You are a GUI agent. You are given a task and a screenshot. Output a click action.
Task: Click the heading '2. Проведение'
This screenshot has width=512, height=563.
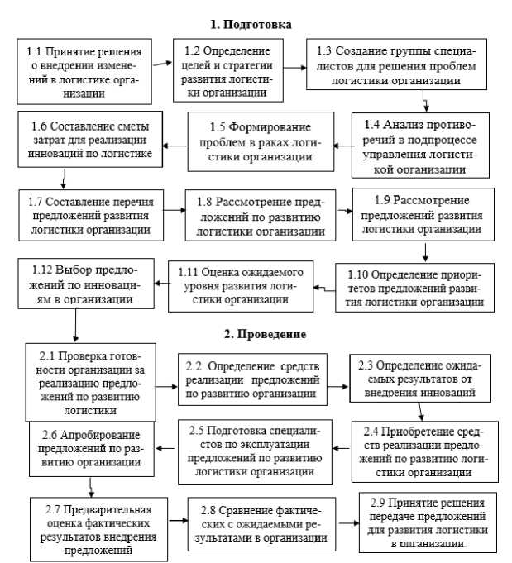coord(266,335)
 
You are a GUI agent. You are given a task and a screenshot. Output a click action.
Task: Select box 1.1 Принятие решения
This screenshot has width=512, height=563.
coord(84,69)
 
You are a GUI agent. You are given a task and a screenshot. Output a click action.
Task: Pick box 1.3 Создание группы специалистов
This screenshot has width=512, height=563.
coord(403,64)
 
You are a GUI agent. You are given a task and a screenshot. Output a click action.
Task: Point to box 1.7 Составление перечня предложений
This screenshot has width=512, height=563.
coord(89,213)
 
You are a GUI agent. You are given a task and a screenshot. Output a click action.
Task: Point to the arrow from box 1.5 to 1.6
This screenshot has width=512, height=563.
coord(174,146)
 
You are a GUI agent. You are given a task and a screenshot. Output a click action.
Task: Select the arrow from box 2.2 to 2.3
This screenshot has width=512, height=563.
coord(337,385)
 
